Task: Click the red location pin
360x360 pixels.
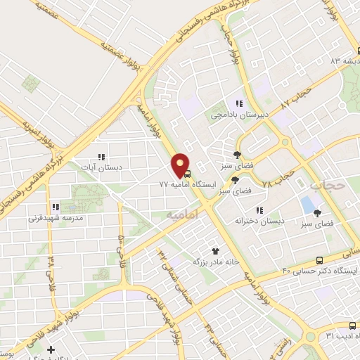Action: (x=181, y=166)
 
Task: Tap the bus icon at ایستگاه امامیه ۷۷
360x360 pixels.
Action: (x=187, y=174)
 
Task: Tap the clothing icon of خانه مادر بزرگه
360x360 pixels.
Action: (x=216, y=250)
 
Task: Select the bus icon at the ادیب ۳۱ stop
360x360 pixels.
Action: (x=352, y=326)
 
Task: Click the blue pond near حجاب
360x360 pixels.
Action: (x=307, y=205)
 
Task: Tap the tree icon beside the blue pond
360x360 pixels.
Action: (x=318, y=212)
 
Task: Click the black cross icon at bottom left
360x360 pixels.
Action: (x=50, y=349)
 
